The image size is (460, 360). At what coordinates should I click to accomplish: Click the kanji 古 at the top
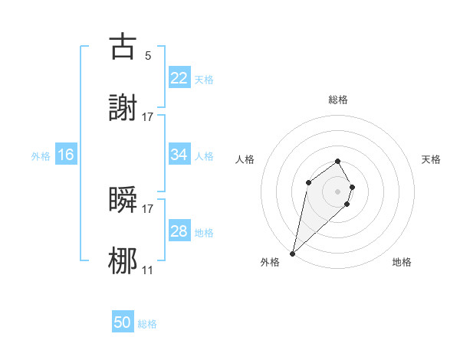[123, 47]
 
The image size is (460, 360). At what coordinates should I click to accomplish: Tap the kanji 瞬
[123, 199]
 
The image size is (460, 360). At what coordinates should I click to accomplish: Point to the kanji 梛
[123, 261]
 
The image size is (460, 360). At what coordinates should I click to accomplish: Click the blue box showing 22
[179, 78]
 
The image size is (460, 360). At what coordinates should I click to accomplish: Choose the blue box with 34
[179, 155]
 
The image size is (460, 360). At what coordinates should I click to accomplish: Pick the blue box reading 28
[179, 231]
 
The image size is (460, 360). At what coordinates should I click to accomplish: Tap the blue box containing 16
[66, 155]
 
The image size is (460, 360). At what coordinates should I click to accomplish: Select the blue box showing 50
[123, 322]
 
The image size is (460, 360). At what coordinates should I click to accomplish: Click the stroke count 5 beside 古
[148, 56]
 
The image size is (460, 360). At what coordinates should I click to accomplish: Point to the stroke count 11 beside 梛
[148, 270]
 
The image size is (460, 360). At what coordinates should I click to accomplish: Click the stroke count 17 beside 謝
[148, 117]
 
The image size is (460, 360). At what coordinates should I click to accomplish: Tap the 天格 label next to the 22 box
[204, 79]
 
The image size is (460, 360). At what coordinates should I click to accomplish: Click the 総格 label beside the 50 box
[147, 324]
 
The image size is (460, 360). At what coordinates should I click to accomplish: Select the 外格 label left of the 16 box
[41, 155]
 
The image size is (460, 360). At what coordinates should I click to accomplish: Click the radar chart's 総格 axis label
[338, 100]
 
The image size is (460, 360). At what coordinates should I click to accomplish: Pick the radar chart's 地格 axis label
[402, 262]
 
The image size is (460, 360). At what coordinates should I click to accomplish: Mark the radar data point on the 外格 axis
[293, 253]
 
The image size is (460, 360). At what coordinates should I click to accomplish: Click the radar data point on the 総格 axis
[338, 161]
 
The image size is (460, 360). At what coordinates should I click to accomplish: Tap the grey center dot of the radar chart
[338, 191]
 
